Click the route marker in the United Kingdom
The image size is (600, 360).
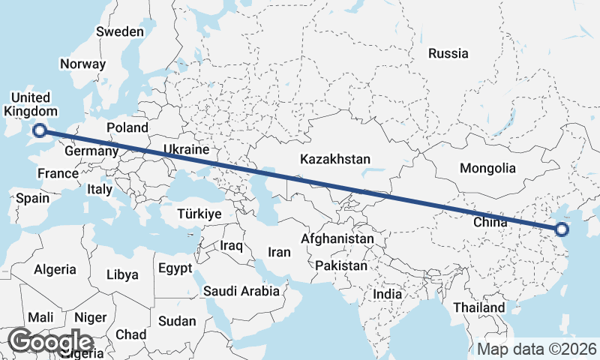tap(40, 132)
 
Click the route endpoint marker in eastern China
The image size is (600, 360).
tap(562, 230)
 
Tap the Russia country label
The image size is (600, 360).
tap(448, 53)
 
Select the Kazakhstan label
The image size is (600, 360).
tap(335, 159)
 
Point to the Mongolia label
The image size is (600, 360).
tap(488, 168)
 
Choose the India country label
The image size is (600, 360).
tap(388, 294)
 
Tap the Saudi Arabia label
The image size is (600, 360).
tap(243, 290)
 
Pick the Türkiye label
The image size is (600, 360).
tap(199, 214)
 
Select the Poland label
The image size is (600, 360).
tap(127, 127)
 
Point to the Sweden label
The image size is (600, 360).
tap(120, 31)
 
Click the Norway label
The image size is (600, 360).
tap(82, 64)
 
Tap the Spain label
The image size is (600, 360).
tap(32, 199)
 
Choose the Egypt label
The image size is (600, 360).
tap(175, 268)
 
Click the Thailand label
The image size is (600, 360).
tap(479, 307)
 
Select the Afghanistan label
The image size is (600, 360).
tap(337, 238)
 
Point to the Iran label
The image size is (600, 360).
tap(279, 253)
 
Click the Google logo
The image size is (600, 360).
tap(51, 342)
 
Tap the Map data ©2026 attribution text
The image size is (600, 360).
tap(537, 349)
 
